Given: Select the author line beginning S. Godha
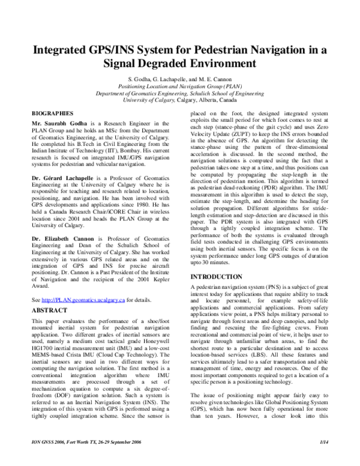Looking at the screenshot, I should click(180, 79).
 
